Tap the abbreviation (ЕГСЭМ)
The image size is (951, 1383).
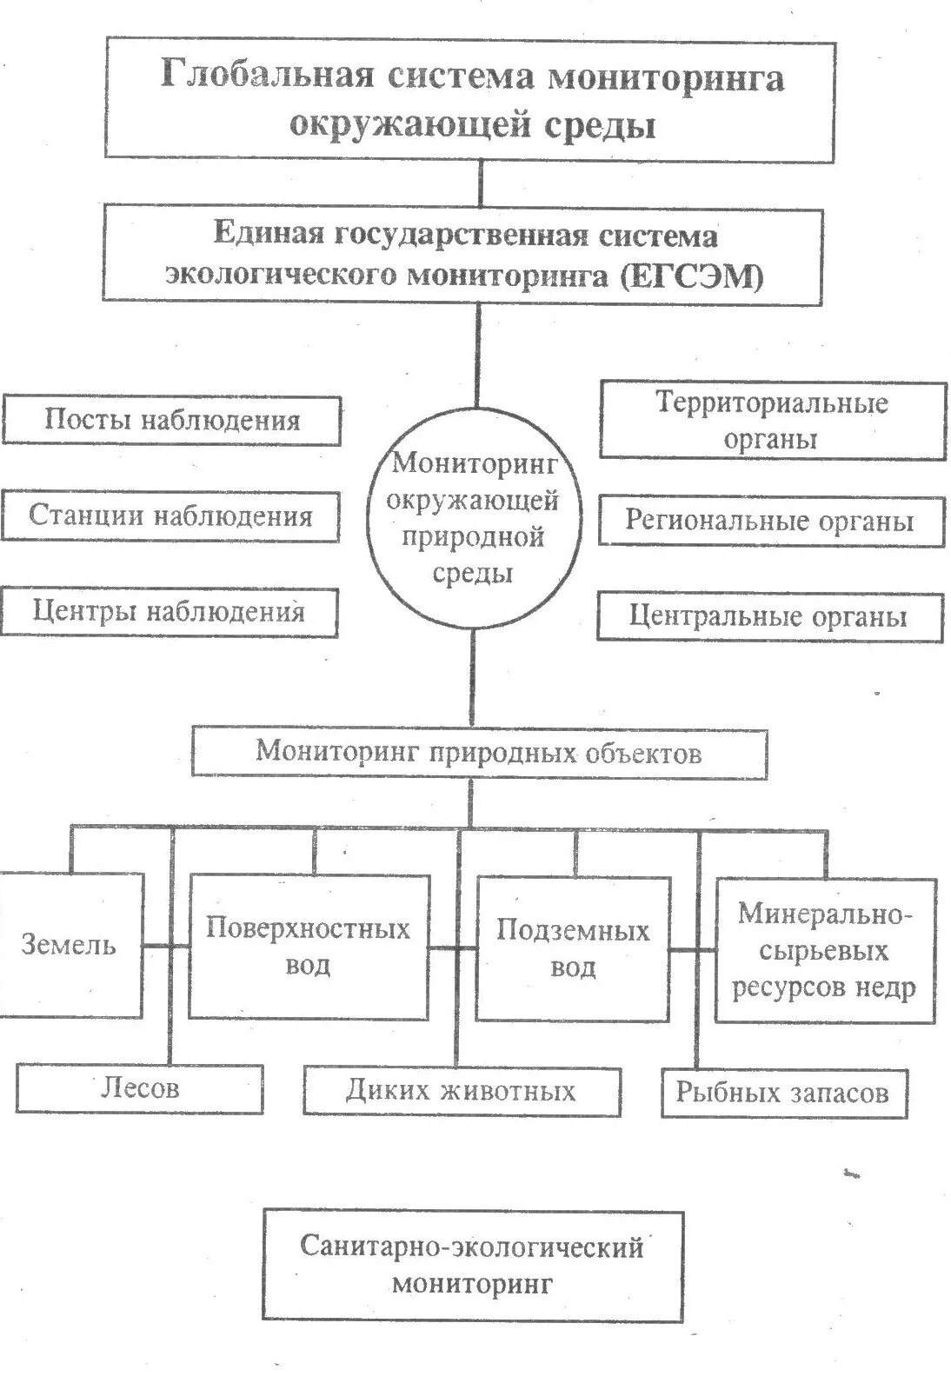[x=693, y=276]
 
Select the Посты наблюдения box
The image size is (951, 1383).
[x=172, y=421]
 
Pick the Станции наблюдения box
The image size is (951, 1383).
[x=170, y=515]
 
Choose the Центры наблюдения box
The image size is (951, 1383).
[x=170, y=612]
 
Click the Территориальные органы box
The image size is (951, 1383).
[x=771, y=420]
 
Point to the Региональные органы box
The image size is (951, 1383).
[x=770, y=521]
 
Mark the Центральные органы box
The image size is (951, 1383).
[x=769, y=617]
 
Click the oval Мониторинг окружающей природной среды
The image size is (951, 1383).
[x=474, y=518]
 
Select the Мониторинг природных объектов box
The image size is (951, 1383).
[x=479, y=751]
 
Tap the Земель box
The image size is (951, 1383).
[x=70, y=945]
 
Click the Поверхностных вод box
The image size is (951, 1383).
[x=308, y=947]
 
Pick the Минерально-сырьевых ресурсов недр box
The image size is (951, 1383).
[x=824, y=950]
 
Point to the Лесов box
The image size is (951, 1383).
[x=140, y=1087]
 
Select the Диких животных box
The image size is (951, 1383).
[x=462, y=1090]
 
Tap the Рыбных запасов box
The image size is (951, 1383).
[x=783, y=1093]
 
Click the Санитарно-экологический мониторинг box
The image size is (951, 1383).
[x=472, y=1265]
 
